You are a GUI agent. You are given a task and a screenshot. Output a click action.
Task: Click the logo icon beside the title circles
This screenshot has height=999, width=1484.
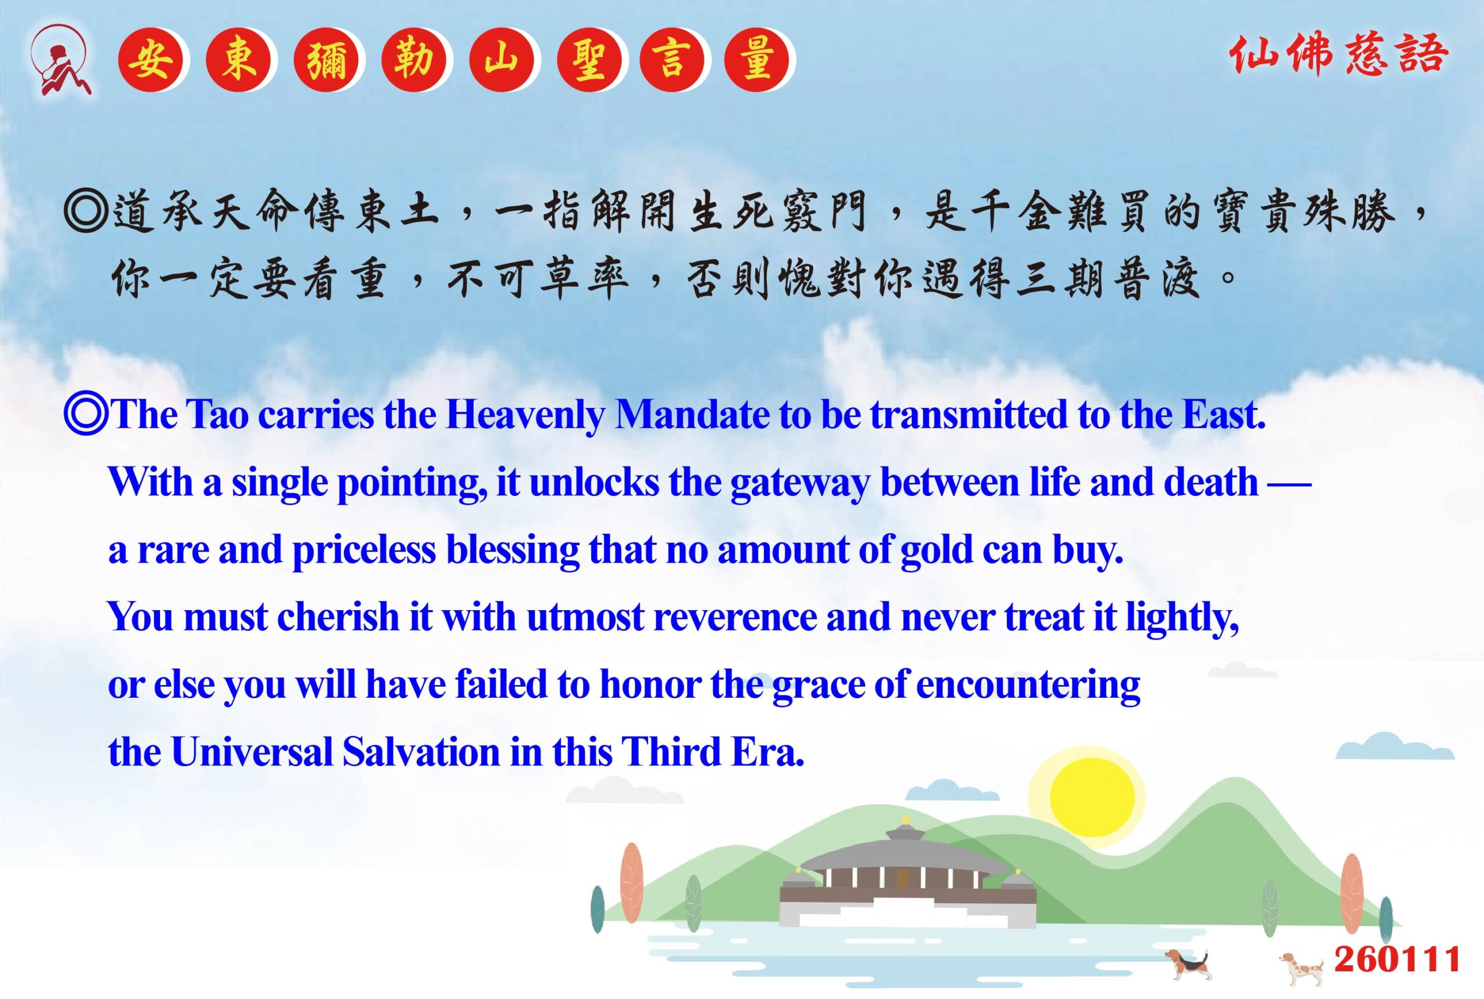(x=62, y=60)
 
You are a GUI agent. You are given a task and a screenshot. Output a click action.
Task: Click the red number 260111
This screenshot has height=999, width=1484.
(x=1396, y=960)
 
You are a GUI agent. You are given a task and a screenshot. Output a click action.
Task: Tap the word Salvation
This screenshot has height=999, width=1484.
(x=421, y=752)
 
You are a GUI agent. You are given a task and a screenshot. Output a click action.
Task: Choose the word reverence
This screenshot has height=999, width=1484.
(x=734, y=617)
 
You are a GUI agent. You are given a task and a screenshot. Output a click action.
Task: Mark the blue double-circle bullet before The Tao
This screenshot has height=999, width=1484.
(x=85, y=415)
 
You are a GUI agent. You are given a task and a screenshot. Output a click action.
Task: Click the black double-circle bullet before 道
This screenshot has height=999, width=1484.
(x=85, y=210)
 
